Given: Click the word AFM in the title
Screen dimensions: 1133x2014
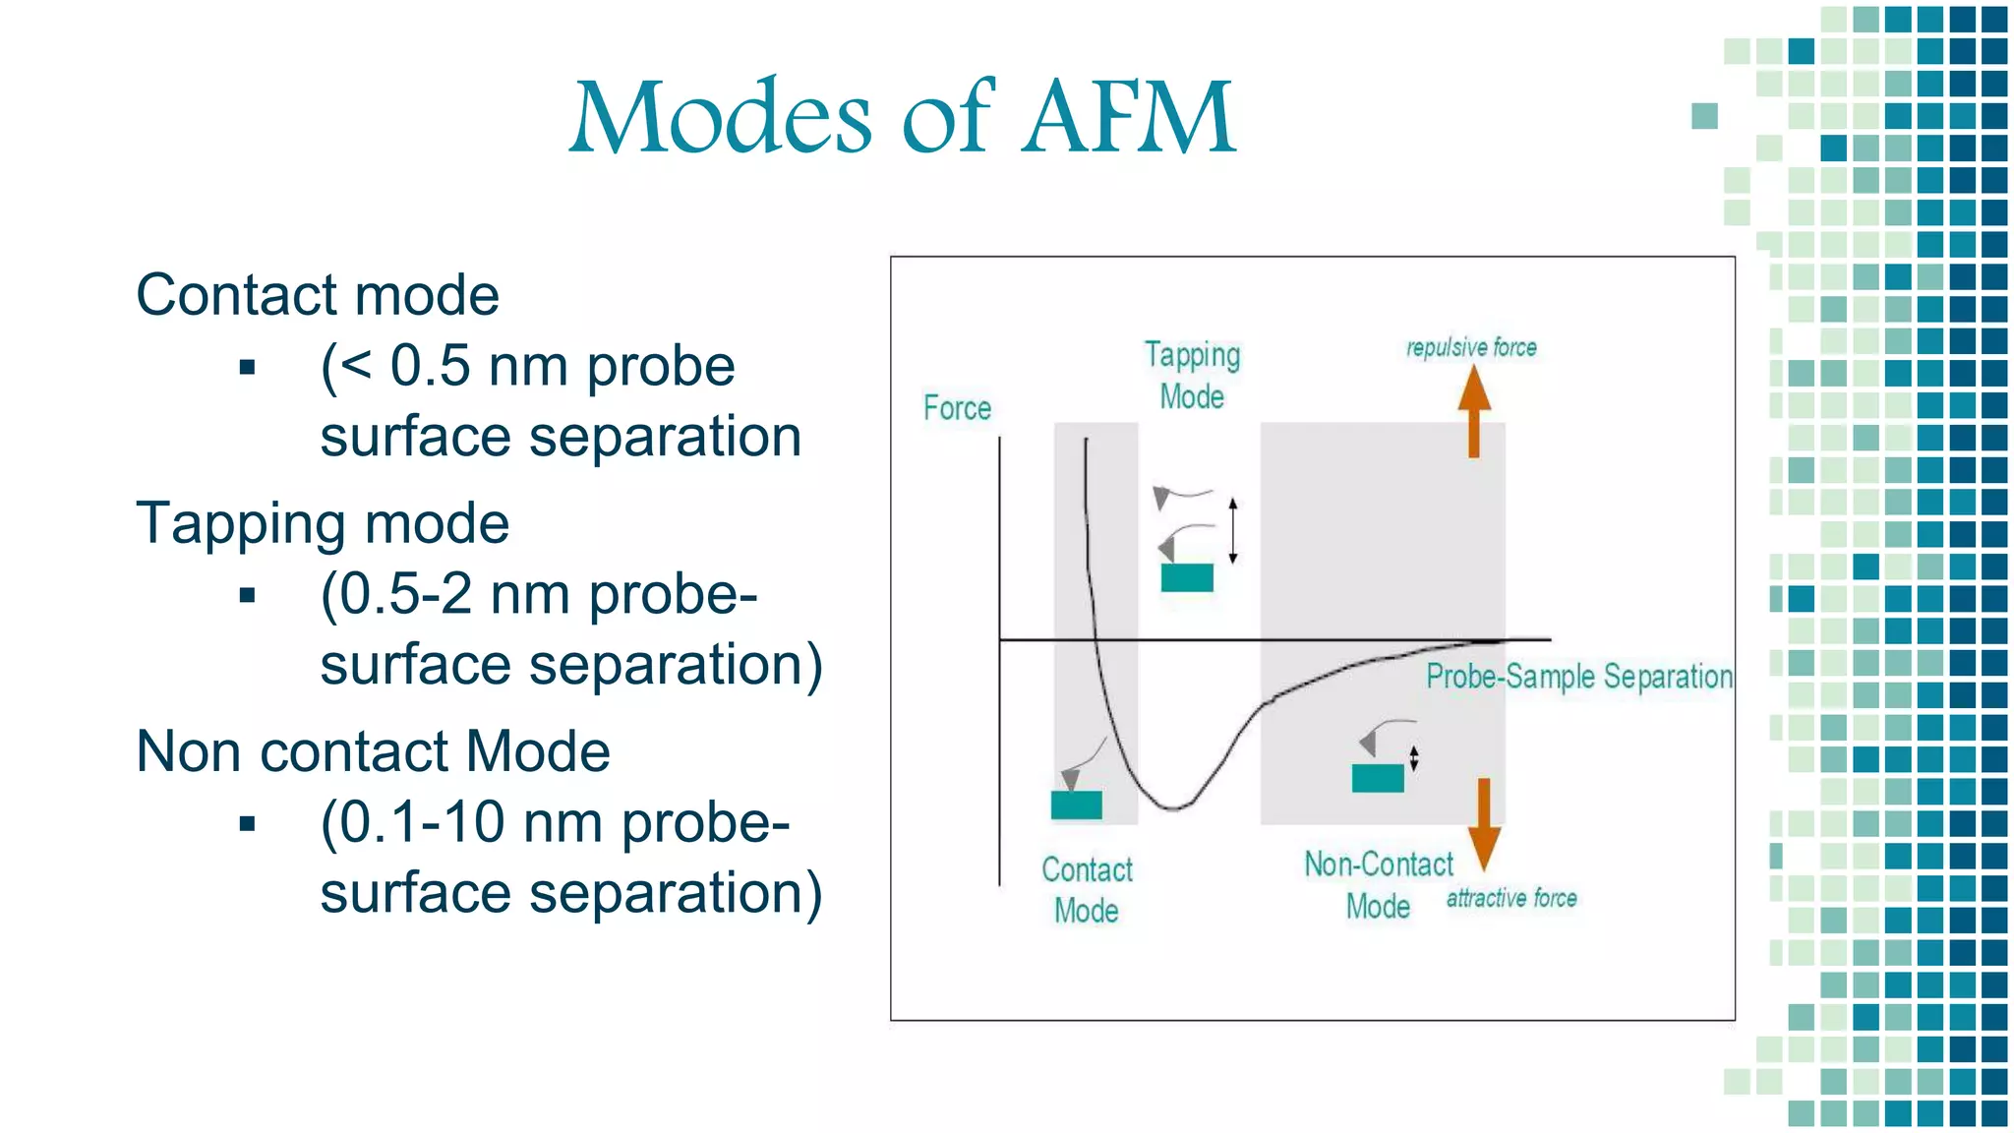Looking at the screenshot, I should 1128,118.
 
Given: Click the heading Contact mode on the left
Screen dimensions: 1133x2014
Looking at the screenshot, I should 318,295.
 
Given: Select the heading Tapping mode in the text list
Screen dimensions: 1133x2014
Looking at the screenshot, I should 323,523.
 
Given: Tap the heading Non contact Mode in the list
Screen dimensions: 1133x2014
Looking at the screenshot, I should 373,751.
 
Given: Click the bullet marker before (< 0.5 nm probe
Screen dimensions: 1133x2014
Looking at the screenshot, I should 247,368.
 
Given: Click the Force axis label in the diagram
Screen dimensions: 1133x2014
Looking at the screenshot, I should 957,408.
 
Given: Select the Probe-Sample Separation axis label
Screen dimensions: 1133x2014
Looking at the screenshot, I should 1578,677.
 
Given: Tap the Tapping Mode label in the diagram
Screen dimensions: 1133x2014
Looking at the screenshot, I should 1192,376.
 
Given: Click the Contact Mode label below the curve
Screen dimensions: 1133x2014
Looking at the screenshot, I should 1087,890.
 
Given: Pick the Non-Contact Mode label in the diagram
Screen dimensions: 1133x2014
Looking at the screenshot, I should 1378,885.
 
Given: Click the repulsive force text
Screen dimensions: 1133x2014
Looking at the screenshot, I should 1471,347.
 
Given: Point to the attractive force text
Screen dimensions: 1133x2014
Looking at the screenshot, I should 1511,898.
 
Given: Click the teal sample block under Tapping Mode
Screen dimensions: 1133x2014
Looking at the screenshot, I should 1187,577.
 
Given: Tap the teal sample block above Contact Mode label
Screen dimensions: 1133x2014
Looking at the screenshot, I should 1076,805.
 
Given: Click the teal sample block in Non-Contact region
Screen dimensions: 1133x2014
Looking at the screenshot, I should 1378,778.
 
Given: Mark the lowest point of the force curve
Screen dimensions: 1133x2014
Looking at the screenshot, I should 1173,808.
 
